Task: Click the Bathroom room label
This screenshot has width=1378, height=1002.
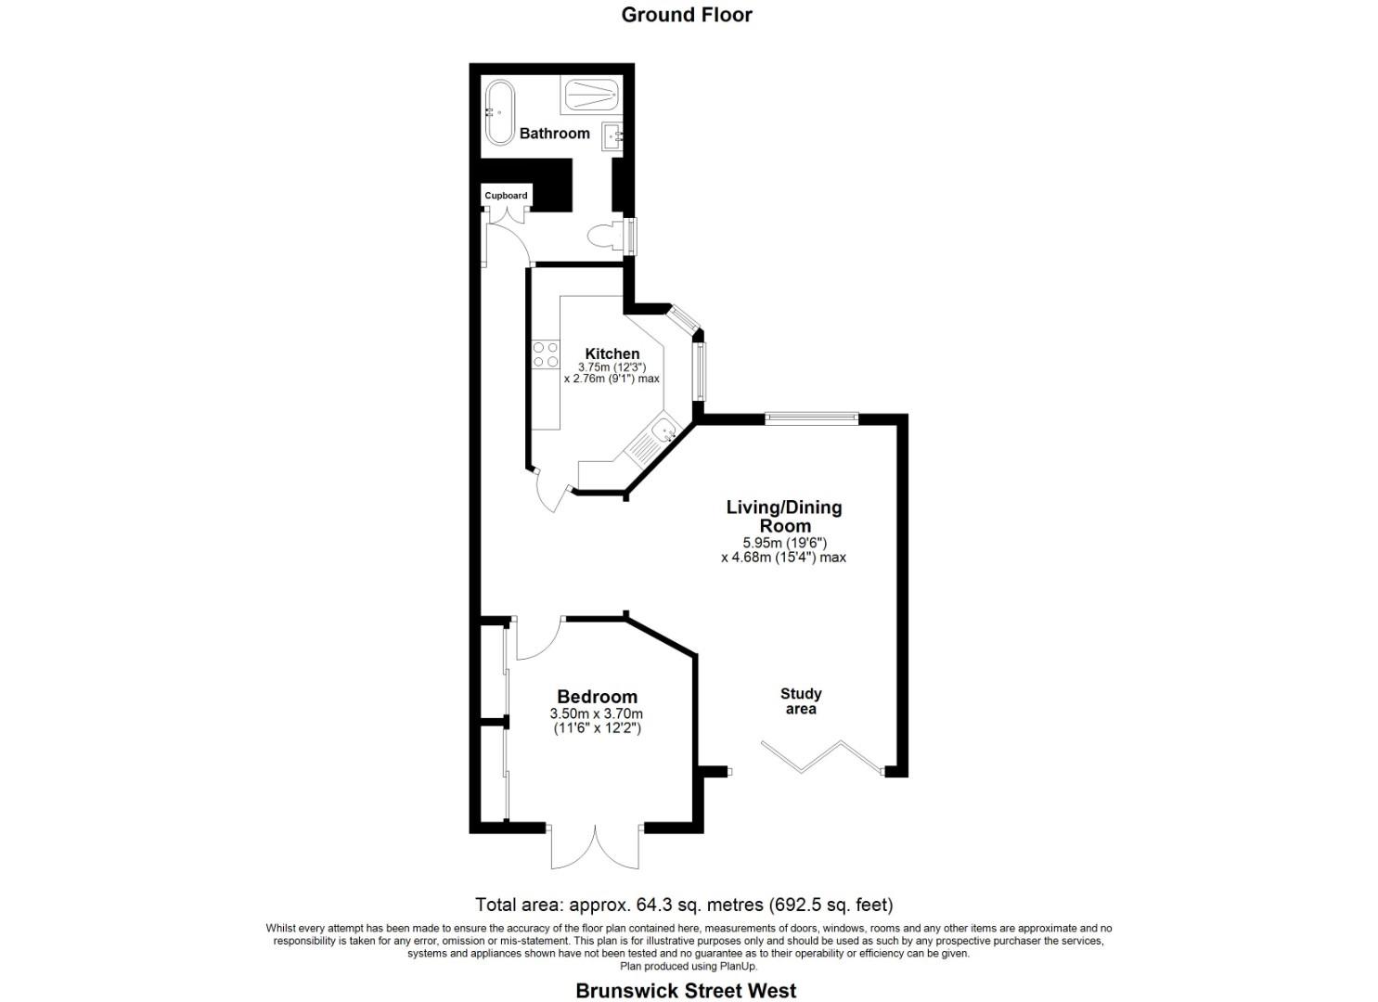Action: coord(554,134)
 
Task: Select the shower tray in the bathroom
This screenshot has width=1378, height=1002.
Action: coord(590,95)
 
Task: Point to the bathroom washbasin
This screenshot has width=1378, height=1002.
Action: coord(613,136)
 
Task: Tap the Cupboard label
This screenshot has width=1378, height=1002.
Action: coord(506,196)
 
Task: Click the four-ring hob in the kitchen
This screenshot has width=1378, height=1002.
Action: coord(545,354)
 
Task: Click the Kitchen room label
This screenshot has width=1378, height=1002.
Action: coord(612,353)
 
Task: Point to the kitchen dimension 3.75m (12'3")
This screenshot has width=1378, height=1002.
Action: coord(612,367)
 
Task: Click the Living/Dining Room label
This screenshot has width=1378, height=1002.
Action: coord(783,516)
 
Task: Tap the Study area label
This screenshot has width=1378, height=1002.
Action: coord(801,701)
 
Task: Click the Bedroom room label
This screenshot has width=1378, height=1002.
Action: coord(597,697)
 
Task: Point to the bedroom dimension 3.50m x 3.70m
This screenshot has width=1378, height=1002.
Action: coord(596,714)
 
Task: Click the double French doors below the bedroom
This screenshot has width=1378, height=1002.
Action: coord(595,846)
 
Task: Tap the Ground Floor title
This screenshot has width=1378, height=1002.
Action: coord(687,15)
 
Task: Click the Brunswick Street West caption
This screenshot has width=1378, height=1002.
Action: coord(686,991)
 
